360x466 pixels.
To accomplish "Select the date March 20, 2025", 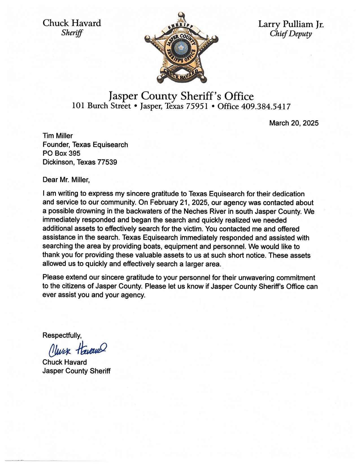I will (x=294, y=123).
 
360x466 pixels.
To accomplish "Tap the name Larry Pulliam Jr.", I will (x=291, y=24).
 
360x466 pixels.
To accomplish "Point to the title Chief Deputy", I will (x=291, y=34).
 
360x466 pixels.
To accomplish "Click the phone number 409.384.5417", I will (x=265, y=106).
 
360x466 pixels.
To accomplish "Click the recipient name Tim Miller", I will (x=58, y=136).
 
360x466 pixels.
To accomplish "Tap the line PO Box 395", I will (x=61, y=153).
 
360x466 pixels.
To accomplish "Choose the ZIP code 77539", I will (x=107, y=162).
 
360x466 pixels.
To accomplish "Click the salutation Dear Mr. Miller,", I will (x=66, y=180).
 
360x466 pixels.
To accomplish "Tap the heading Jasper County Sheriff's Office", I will (x=181, y=96).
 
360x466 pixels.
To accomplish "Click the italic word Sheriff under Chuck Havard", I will (x=72, y=33).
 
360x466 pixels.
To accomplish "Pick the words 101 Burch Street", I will (x=101, y=106).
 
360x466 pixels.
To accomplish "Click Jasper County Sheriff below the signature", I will (x=76, y=371).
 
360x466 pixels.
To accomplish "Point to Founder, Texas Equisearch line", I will (x=85, y=145).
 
